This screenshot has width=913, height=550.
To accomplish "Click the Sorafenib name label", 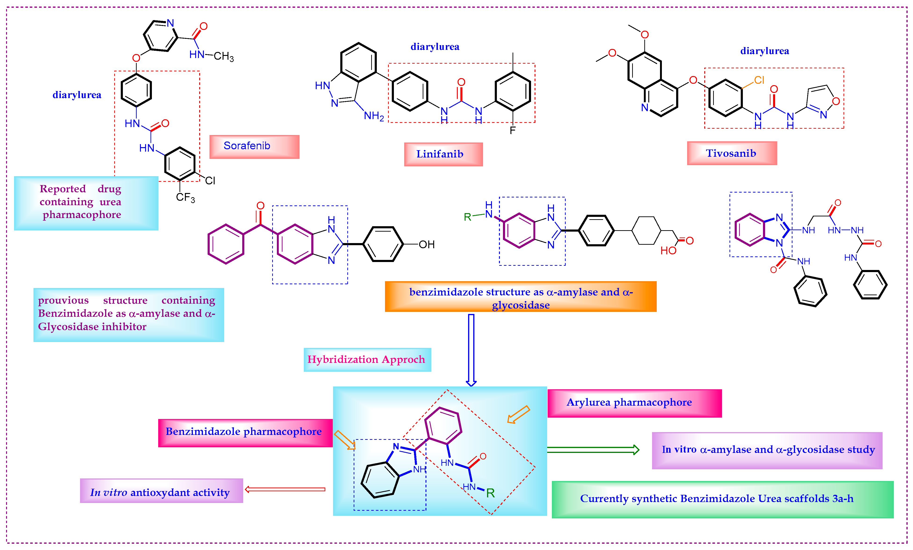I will point(254,146).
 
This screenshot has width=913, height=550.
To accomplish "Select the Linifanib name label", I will point(443,154).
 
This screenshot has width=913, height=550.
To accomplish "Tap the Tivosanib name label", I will point(731,153).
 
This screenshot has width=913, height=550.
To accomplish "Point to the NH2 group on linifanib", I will point(374,116).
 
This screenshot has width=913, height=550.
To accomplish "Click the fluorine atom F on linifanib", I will point(513,130).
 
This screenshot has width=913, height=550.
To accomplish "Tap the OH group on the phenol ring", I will point(426,244).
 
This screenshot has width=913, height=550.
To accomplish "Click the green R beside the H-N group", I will point(467,217).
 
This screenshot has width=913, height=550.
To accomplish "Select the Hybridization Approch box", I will point(367,359).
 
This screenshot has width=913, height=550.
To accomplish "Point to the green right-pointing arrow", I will point(593,450).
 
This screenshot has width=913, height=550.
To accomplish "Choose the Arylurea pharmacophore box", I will point(634,403).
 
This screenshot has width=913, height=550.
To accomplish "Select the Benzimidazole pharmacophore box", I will point(245,433).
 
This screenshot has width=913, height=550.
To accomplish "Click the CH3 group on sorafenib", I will point(224,56).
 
